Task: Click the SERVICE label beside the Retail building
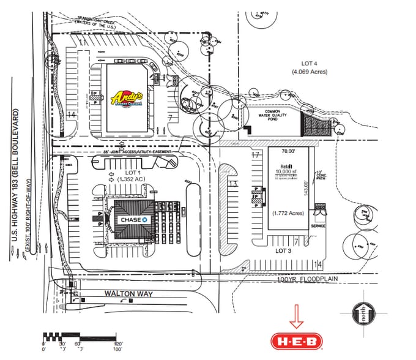point(318,225)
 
